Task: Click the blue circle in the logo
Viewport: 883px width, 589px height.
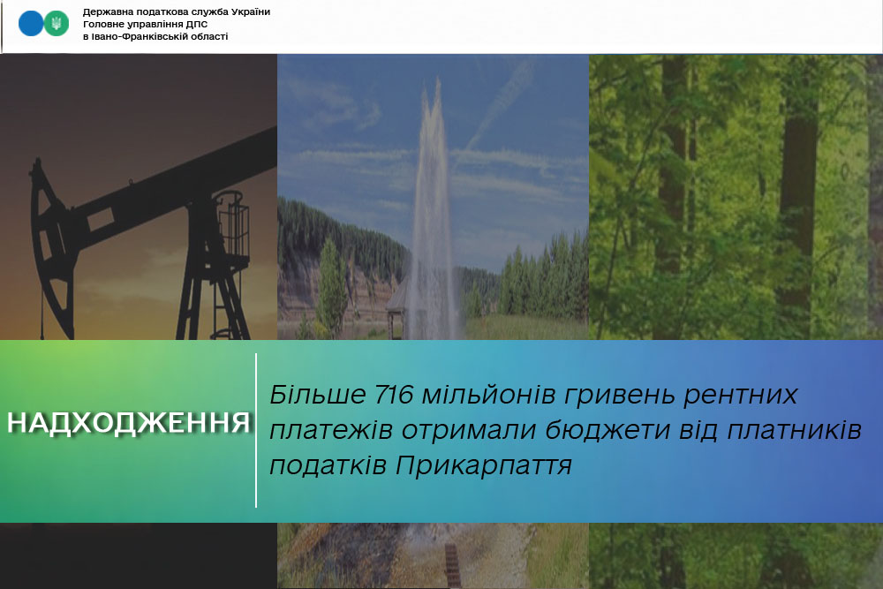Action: pyautogui.click(x=30, y=24)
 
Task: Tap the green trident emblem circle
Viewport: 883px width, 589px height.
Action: pyautogui.click(x=57, y=24)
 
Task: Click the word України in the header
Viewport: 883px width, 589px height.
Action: pyautogui.click(x=250, y=11)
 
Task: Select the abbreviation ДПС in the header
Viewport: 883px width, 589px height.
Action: pyautogui.click(x=197, y=24)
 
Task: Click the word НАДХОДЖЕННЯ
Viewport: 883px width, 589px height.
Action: pyautogui.click(x=128, y=423)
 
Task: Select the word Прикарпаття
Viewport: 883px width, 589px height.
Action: pyautogui.click(x=484, y=465)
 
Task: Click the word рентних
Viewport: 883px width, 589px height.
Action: pyautogui.click(x=741, y=395)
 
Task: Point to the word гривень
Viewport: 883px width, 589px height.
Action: pyautogui.click(x=620, y=395)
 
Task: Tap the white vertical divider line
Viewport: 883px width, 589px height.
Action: pyautogui.click(x=256, y=431)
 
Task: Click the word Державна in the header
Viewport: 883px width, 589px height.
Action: pyautogui.click(x=107, y=11)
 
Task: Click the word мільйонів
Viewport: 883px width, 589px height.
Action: pyautogui.click(x=489, y=394)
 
